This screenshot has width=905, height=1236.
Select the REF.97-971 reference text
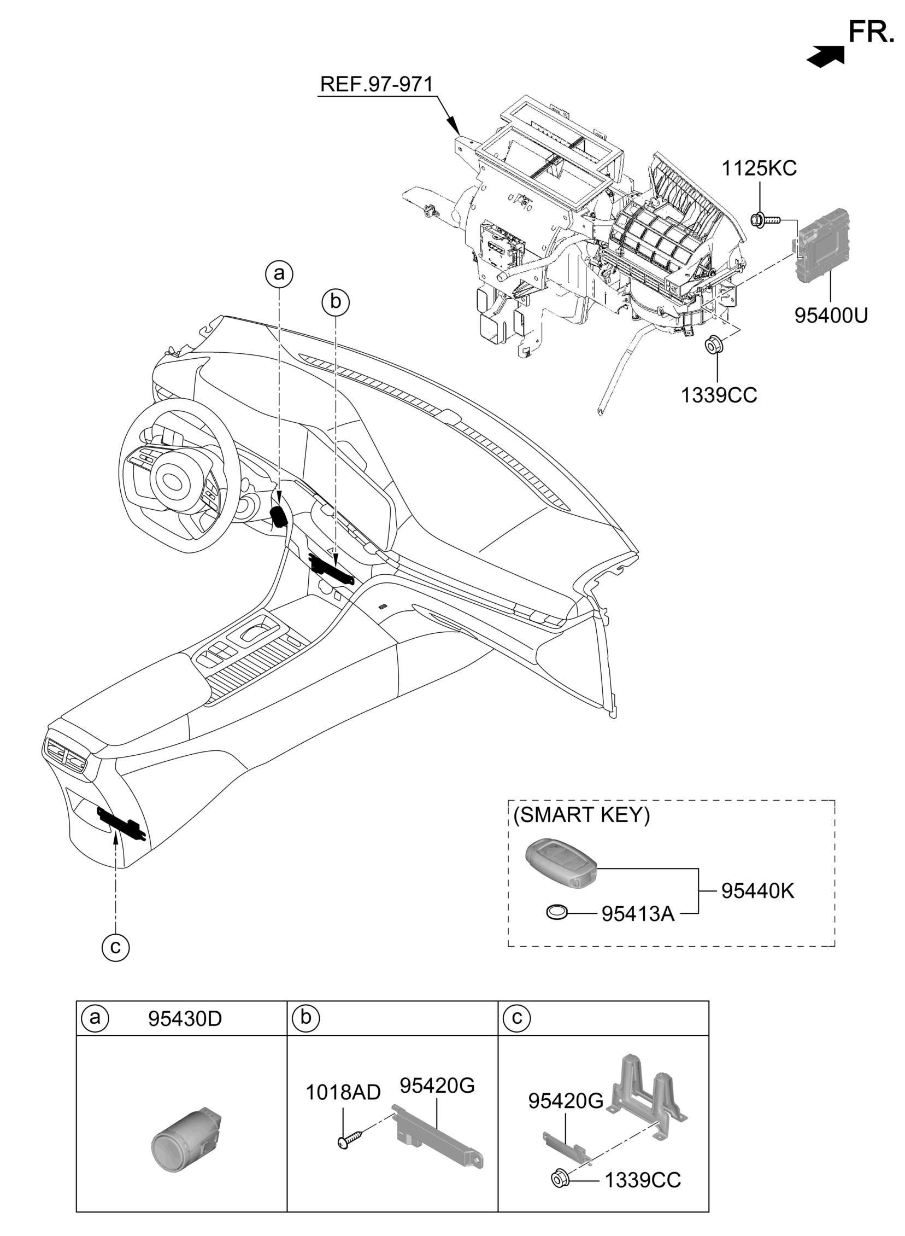click(x=377, y=84)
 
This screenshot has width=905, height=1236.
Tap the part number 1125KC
click(x=759, y=168)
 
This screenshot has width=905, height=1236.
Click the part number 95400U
click(x=831, y=316)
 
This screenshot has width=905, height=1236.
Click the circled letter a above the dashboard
click(x=279, y=273)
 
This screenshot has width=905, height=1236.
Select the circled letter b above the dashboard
click(x=335, y=301)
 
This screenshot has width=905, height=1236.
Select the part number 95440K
click(x=757, y=891)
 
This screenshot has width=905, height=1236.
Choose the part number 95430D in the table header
click(x=185, y=1018)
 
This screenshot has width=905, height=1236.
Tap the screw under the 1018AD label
click(x=350, y=1140)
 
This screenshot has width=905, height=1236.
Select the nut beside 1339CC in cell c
click(x=559, y=1179)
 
